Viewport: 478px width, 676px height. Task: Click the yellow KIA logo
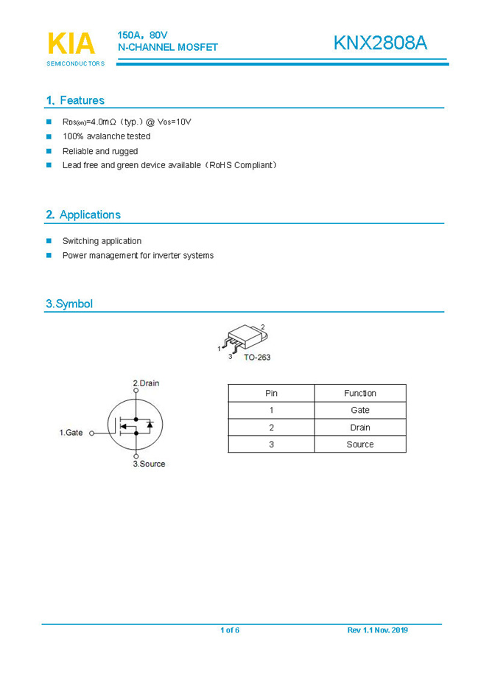coord(71,43)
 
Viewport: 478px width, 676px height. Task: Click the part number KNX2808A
coord(379,43)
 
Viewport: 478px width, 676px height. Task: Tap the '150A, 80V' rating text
coord(143,35)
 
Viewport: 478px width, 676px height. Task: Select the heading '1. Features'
coord(75,100)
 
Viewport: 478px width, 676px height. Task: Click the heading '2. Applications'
coord(83,215)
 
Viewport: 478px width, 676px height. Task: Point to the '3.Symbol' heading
coord(69,304)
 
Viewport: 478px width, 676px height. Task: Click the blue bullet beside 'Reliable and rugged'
coord(49,151)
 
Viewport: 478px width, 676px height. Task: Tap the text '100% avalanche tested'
coord(106,136)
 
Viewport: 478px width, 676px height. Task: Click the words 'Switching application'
coord(102,241)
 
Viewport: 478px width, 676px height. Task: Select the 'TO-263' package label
coord(257,358)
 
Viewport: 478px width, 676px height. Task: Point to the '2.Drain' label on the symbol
coord(146,383)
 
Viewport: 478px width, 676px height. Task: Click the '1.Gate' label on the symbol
coord(71,433)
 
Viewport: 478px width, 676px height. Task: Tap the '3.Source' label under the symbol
coord(149,464)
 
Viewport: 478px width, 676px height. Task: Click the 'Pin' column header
coord(271,393)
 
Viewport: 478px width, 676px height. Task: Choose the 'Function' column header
coord(360,393)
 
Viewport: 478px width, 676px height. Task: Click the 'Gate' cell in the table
coord(360,410)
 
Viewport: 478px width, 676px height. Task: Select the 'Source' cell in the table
coord(360,445)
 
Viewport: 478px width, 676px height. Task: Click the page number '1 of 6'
coord(230,630)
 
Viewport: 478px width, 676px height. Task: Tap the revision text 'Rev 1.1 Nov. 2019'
coord(377,630)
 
